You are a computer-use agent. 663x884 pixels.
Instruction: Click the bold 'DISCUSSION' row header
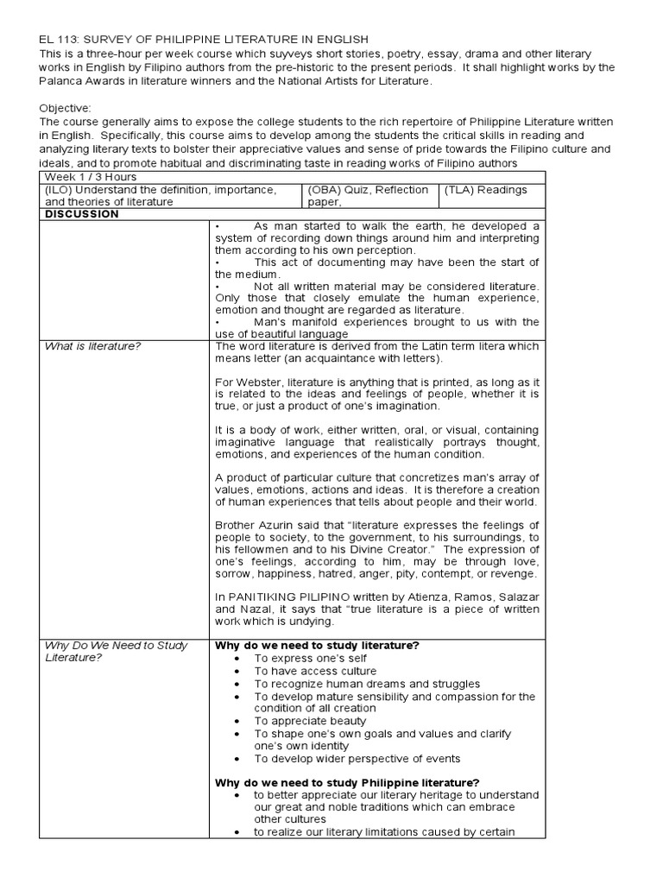pyautogui.click(x=81, y=214)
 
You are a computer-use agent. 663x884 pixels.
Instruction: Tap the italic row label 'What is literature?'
pyautogui.click(x=93, y=346)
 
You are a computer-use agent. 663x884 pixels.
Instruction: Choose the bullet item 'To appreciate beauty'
pyautogui.click(x=310, y=721)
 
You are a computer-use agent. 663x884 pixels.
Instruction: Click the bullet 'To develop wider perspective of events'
pyautogui.click(x=357, y=758)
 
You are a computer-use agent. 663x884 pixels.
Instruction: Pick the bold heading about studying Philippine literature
pyautogui.click(x=347, y=782)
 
